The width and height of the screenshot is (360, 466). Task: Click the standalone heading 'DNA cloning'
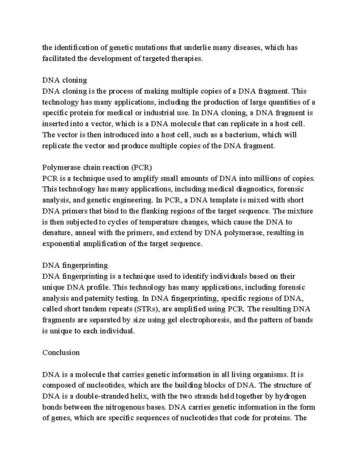pyautogui.click(x=64, y=80)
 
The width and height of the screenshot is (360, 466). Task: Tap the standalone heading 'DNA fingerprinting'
pyautogui.click(x=75, y=265)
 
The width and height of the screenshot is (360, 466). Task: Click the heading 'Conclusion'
pyautogui.click(x=61, y=352)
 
